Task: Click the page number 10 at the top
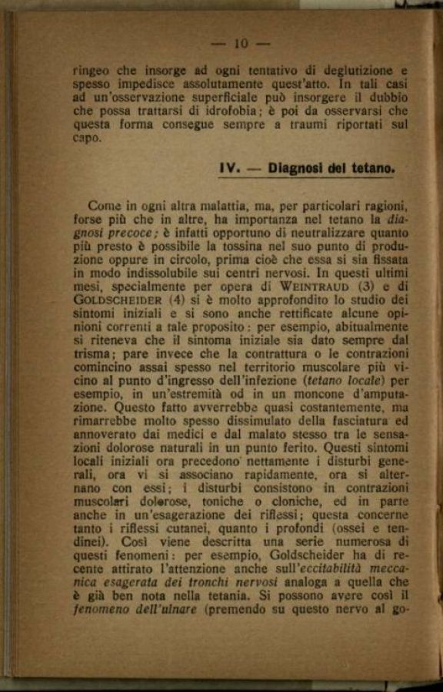[241, 44]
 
